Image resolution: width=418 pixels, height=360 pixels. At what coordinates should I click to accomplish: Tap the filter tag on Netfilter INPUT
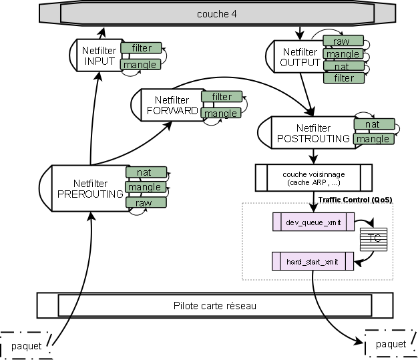pyautogui.click(x=141, y=48)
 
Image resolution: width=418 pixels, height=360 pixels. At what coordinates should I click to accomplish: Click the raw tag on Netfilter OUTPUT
pyautogui.click(x=343, y=41)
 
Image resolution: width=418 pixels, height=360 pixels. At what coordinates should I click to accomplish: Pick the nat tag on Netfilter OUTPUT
pyautogui.click(x=343, y=66)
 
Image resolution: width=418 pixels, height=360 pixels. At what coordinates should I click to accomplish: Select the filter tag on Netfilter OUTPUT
pyautogui.click(x=344, y=78)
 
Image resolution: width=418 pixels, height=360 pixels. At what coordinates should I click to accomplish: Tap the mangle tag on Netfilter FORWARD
pyautogui.click(x=220, y=114)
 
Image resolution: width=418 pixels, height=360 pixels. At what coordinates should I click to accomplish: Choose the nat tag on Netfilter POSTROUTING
pyautogui.click(x=373, y=124)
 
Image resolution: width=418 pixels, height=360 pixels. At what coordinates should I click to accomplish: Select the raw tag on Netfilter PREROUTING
pyautogui.click(x=144, y=202)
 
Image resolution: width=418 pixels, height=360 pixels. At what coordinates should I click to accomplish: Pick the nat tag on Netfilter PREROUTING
pyautogui.click(x=144, y=173)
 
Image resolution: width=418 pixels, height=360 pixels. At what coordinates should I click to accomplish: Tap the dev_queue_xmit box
pyautogui.click(x=312, y=221)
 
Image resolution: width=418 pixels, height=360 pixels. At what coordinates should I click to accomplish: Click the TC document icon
pyautogui.click(x=374, y=238)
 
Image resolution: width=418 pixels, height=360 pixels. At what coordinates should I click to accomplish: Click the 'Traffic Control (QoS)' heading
pyautogui.click(x=355, y=199)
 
